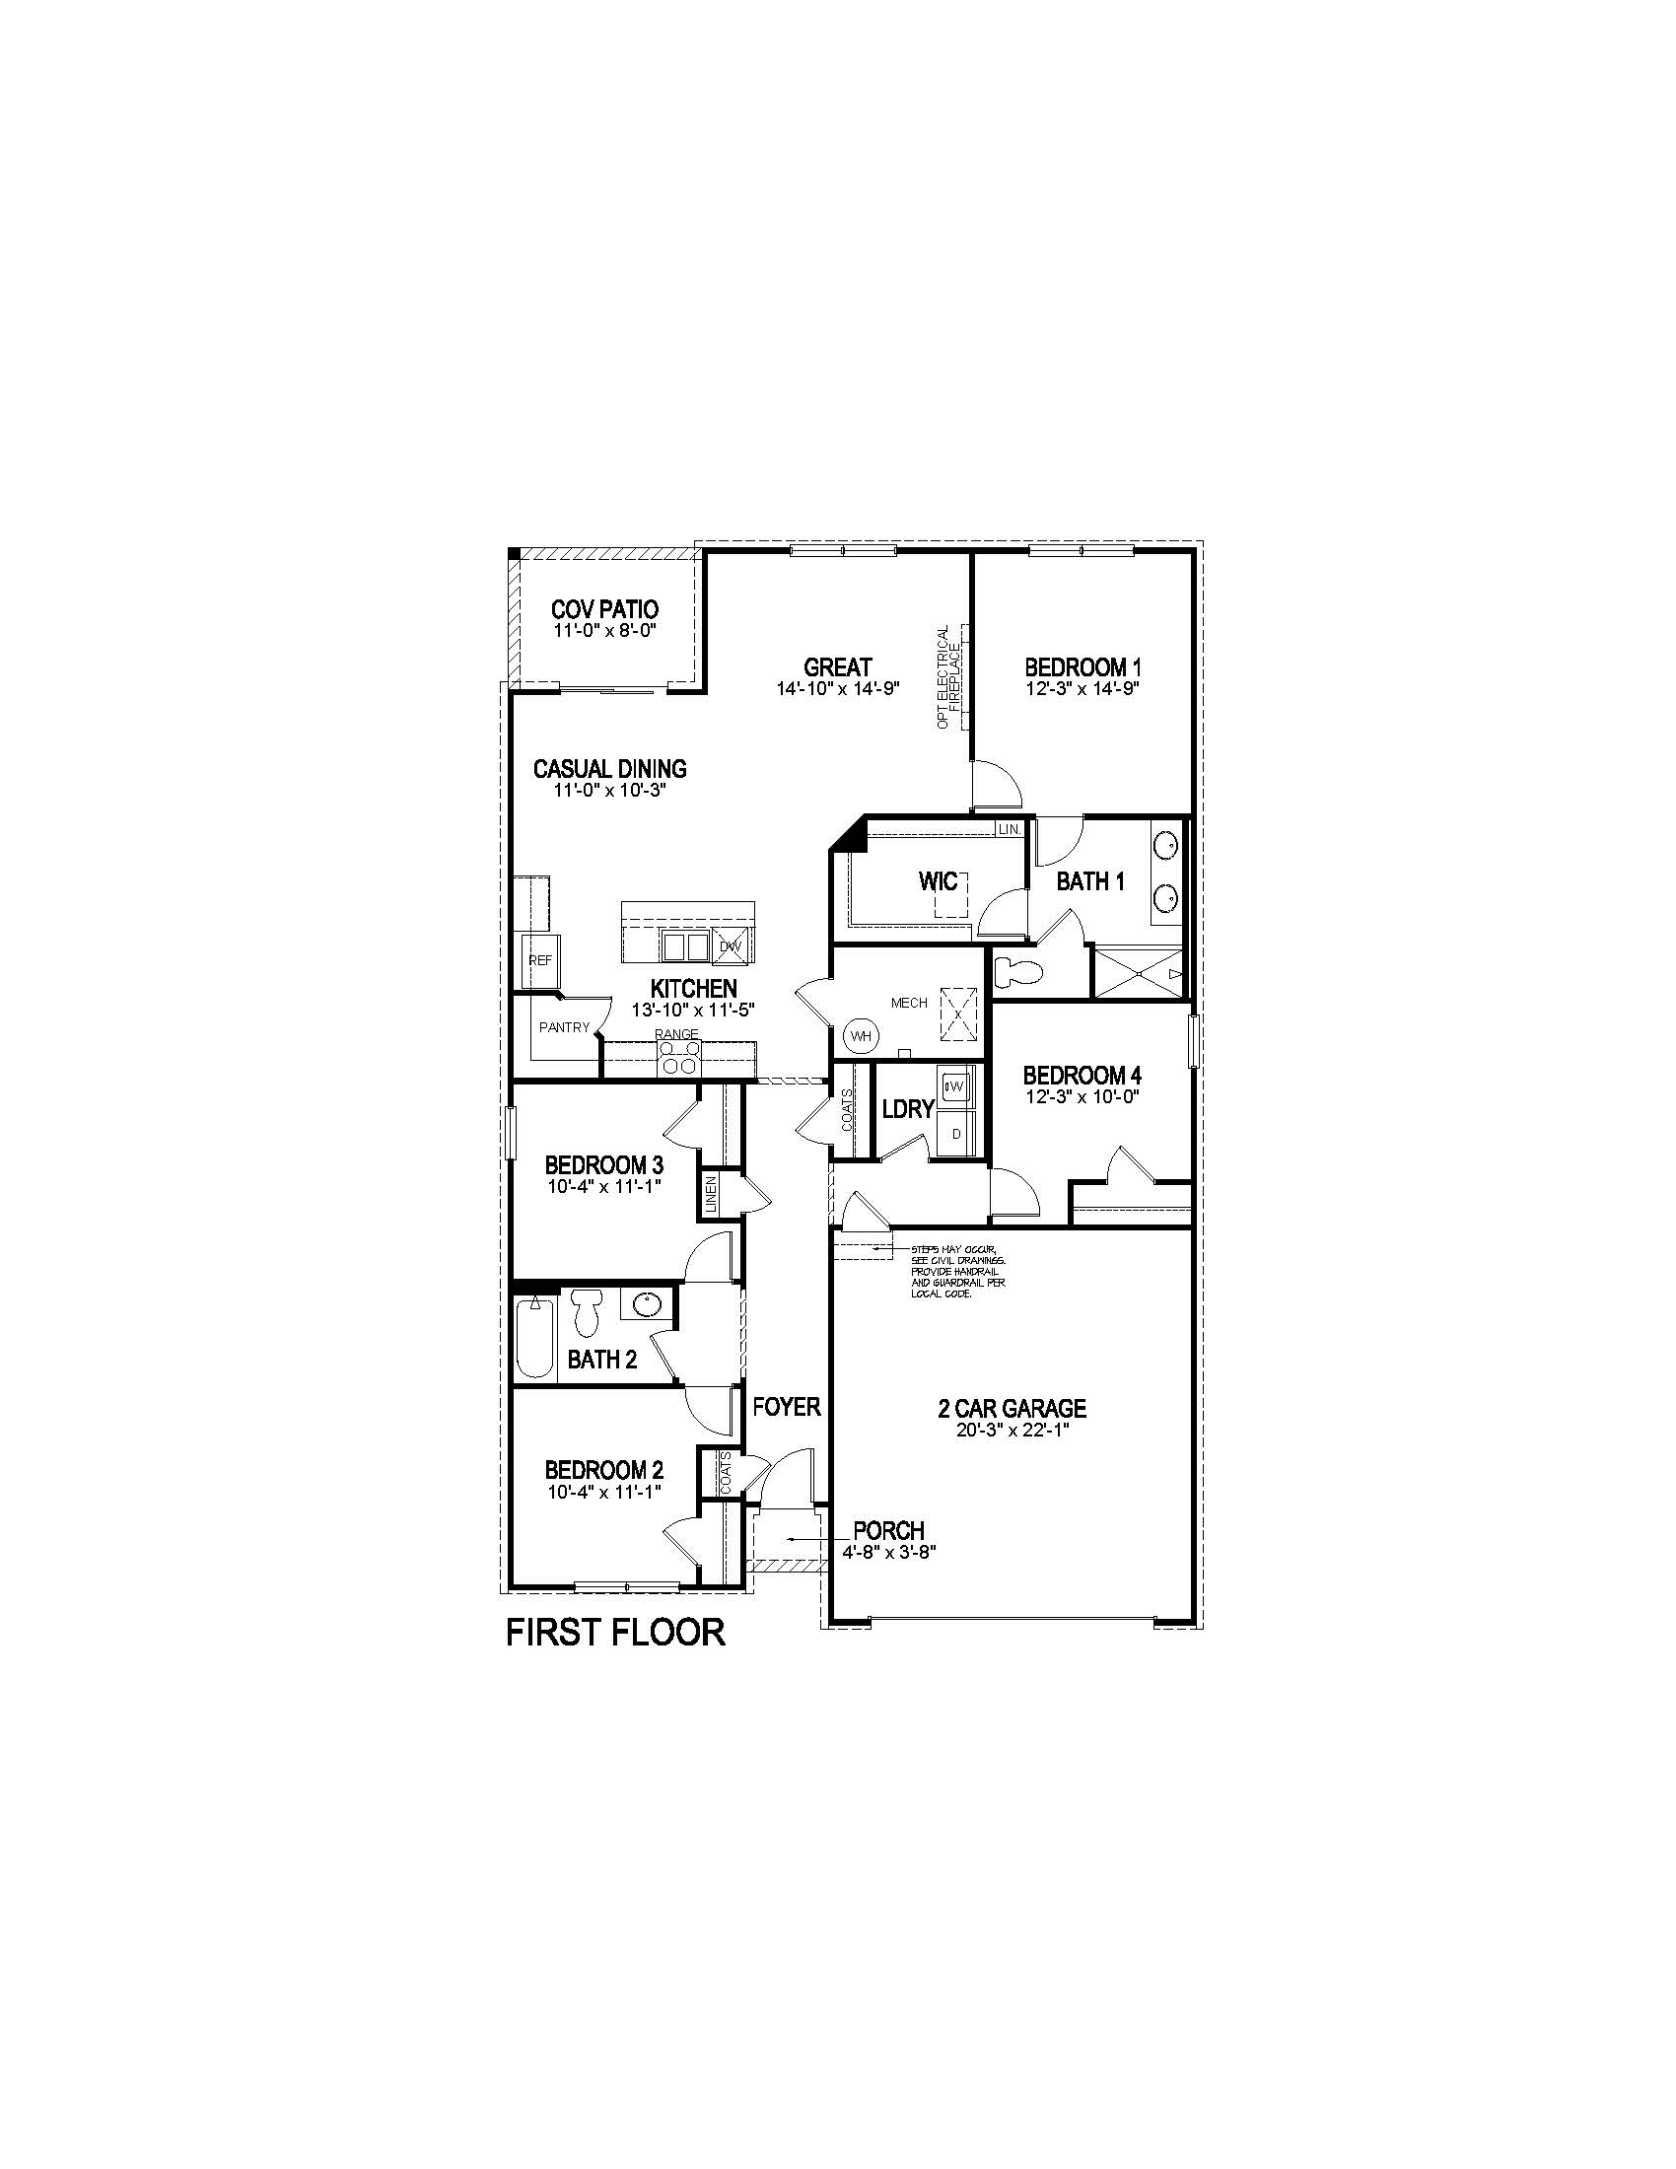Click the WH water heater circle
tap(861, 1036)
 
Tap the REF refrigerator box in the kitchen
tap(540, 960)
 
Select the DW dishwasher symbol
tap(731, 946)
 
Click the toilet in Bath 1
tap(1014, 970)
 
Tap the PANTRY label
tap(564, 1028)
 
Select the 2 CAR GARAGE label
tap(1012, 1407)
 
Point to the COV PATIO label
tap(604, 608)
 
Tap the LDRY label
tap(907, 1109)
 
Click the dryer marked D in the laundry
tap(957, 1133)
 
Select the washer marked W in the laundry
tap(956, 1085)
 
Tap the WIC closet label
tap(937, 879)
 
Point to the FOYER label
tap(787, 1406)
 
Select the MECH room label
tap(909, 1003)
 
